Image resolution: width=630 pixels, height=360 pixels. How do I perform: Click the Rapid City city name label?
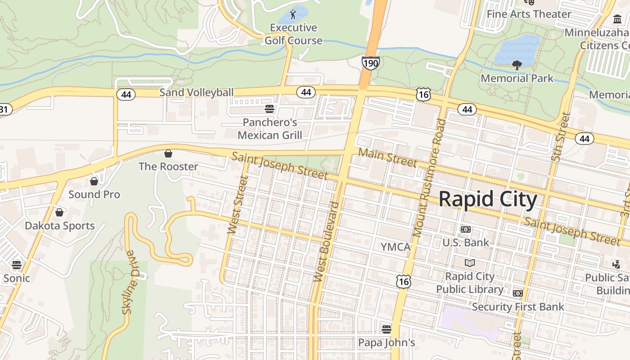coord(488,199)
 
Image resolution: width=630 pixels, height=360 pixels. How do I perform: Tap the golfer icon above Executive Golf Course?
coord(293,14)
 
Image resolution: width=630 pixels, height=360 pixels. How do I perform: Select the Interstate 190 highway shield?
coord(370,63)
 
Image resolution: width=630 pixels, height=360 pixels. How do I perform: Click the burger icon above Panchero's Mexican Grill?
coord(270,108)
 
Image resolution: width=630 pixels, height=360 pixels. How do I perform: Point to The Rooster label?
coord(168,166)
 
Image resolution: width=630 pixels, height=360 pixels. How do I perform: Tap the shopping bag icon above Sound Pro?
coord(94,181)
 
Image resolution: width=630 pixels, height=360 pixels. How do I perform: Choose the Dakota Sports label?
coord(60,226)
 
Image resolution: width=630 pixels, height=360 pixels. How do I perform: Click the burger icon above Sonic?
coord(17,265)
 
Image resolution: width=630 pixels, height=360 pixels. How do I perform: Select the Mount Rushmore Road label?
coord(429,178)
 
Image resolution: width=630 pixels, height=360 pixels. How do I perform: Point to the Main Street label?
coord(387,157)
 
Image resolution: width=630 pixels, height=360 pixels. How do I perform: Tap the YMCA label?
coord(396,247)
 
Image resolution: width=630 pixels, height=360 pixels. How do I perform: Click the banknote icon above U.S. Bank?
coord(466,229)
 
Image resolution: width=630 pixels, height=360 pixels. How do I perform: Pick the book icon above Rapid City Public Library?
coord(470,263)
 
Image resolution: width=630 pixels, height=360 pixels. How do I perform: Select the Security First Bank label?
coord(518,307)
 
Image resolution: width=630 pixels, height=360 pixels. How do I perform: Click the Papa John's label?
coord(387,342)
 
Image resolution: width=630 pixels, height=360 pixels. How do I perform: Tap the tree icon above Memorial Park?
coord(517,65)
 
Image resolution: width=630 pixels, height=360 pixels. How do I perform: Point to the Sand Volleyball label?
coord(197,93)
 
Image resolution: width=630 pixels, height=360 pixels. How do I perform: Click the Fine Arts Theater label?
coord(529,14)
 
